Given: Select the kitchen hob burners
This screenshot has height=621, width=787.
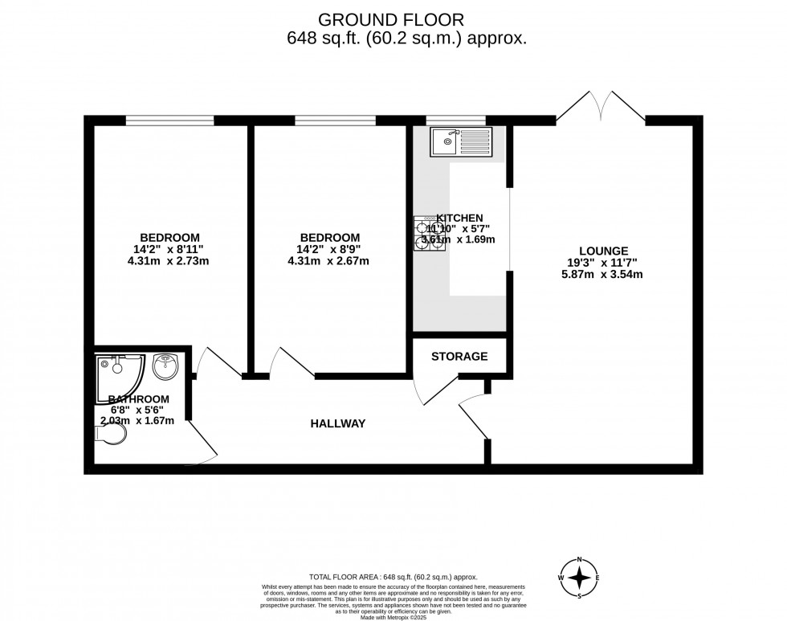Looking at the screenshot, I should point(429,234).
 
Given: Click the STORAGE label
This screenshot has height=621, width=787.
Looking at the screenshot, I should point(459,356).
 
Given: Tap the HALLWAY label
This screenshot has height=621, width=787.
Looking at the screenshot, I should point(338,423).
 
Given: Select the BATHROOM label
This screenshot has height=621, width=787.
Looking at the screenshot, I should point(139,399).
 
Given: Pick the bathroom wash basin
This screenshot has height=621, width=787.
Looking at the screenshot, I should point(166,367).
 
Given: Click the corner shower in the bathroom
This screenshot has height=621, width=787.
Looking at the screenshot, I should point(118,374).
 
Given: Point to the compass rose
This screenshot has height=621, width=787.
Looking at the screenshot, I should point(579,577).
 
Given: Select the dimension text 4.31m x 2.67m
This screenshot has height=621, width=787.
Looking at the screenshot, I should point(329,261).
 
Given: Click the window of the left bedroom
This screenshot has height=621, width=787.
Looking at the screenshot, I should point(169,121).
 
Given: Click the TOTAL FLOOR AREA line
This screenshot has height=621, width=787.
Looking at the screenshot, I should point(393,577).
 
